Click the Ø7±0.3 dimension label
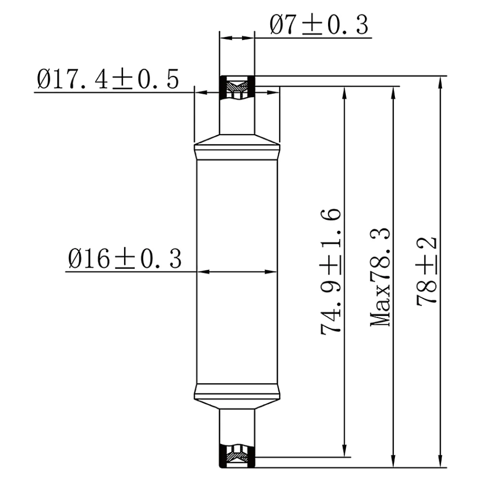tap(319, 25)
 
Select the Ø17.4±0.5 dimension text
tap(108, 79)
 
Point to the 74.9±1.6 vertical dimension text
tap(331, 271)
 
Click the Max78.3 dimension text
tap(380, 277)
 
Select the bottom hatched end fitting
tap(237, 456)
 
